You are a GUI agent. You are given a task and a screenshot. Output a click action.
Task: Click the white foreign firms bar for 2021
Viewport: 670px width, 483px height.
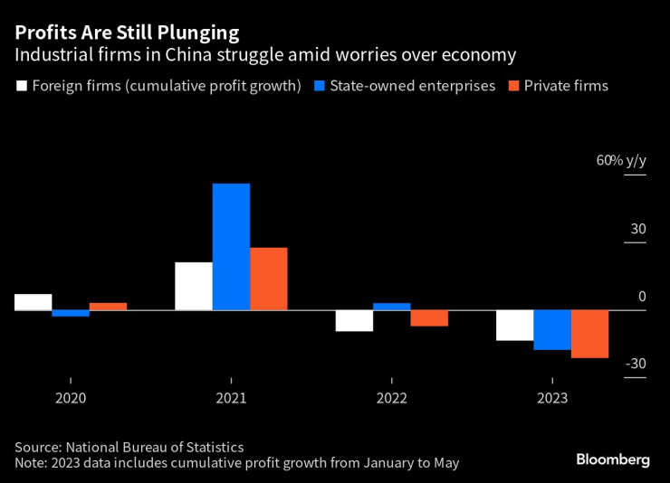tap(194, 286)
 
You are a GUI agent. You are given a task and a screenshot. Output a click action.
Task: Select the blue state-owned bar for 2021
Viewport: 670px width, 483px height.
tap(231, 246)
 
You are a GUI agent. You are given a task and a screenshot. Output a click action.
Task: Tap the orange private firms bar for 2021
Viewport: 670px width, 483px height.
tap(268, 279)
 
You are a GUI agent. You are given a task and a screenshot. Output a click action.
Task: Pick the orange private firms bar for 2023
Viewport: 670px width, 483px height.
tap(589, 334)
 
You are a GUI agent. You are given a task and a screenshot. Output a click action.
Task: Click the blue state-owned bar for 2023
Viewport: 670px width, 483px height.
tap(551, 329)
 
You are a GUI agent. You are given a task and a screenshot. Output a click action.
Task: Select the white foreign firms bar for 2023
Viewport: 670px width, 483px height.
tap(514, 325)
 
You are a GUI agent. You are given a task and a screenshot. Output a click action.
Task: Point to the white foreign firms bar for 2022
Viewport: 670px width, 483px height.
tap(354, 320)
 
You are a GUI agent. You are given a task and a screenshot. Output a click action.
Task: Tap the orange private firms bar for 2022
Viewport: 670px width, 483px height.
tap(429, 317)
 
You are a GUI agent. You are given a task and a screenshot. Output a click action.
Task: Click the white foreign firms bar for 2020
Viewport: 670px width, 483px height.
tap(33, 302)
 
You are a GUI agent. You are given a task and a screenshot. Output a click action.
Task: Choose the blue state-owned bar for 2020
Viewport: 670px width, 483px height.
tap(71, 313)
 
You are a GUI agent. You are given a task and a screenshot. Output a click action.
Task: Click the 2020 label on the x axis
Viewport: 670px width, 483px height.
tap(71, 398)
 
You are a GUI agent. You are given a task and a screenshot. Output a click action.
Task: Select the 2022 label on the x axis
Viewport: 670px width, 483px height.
tap(391, 398)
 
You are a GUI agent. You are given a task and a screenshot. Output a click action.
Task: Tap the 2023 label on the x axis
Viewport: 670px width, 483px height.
tap(551, 398)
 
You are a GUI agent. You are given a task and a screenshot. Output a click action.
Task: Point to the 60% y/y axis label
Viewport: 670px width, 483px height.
tap(621, 160)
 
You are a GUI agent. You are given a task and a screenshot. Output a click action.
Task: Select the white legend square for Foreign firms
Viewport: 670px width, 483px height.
tap(21, 87)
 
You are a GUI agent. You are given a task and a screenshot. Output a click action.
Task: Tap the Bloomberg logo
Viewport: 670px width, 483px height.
tap(613, 459)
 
